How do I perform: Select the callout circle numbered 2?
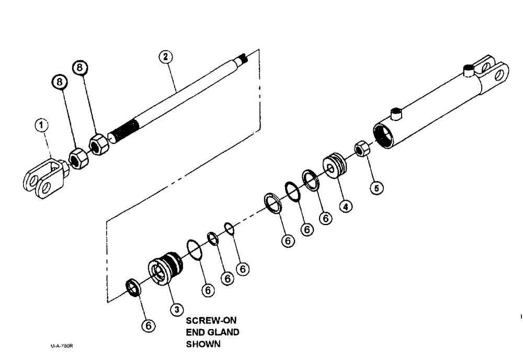[166, 57]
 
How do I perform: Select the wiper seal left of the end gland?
[135, 287]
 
